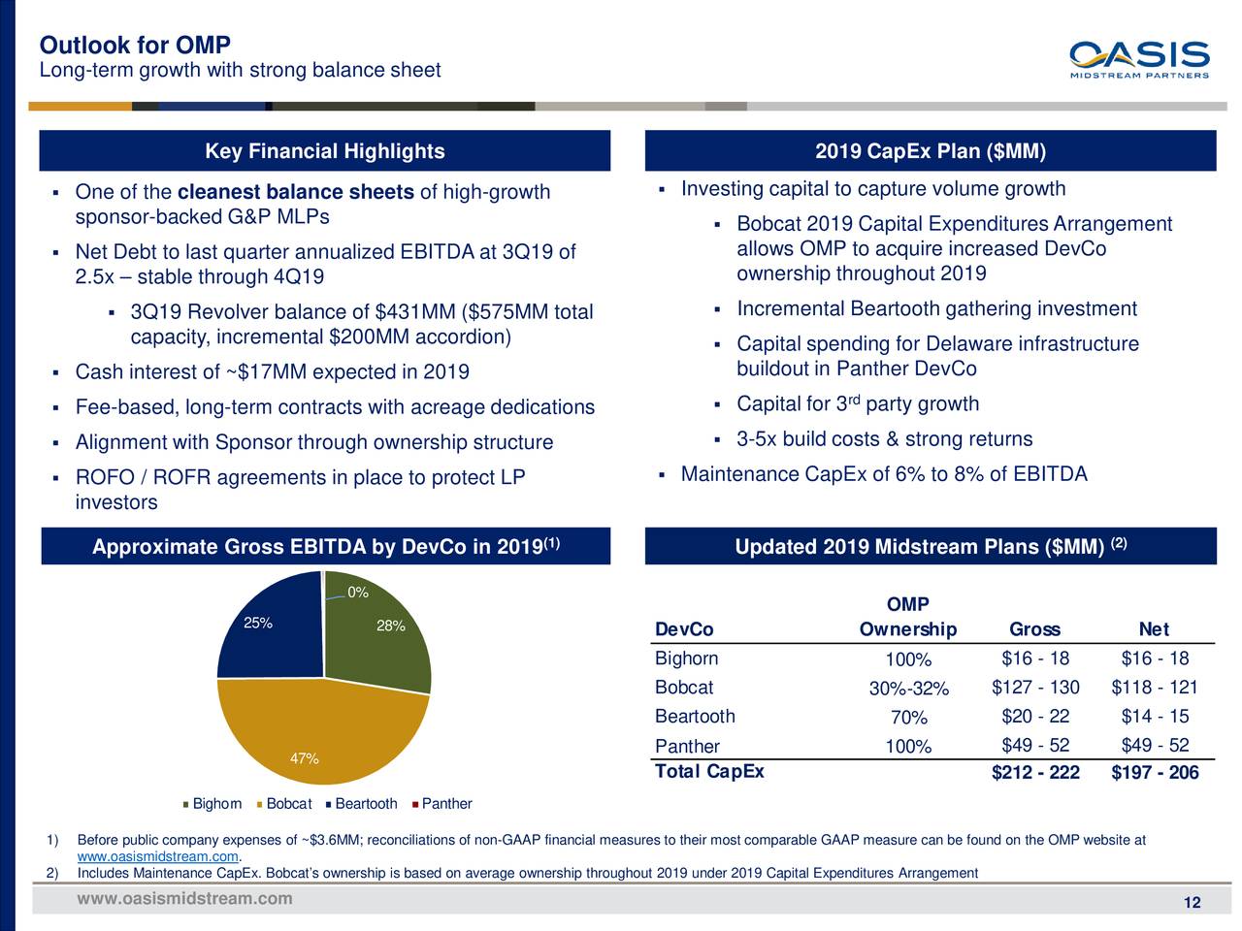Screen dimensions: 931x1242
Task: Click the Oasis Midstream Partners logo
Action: tap(1139, 59)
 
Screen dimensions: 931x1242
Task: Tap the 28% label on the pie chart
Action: tap(390, 626)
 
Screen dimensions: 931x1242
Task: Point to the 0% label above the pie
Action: tap(357, 593)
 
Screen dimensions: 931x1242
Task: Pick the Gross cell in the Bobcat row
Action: tap(1035, 688)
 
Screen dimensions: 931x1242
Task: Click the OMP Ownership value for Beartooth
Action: tap(908, 718)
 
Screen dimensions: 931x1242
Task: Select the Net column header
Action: tap(1154, 629)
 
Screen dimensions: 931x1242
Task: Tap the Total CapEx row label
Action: tap(709, 772)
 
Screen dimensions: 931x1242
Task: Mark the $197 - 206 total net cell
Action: tap(1155, 773)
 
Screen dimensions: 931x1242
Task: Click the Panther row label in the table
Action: tap(687, 746)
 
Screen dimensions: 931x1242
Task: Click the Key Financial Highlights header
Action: tap(324, 151)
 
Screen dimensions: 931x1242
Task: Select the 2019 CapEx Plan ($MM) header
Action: tap(930, 151)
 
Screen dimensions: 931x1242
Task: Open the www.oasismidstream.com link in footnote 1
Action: tap(157, 856)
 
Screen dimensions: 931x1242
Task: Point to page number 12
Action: tap(1193, 904)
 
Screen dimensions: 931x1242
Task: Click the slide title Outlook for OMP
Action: tap(135, 46)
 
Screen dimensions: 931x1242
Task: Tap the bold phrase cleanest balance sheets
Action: tap(296, 192)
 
